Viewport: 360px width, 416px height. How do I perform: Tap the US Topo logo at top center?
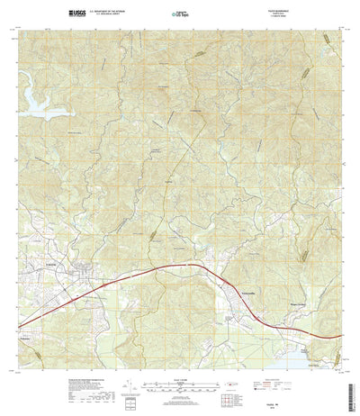pyautogui.click(x=182, y=14)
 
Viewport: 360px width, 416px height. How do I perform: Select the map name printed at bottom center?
pyautogui.click(x=181, y=406)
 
